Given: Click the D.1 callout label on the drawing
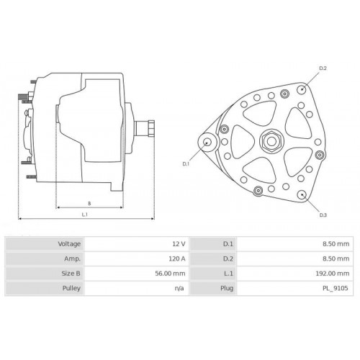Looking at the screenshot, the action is click(186, 164).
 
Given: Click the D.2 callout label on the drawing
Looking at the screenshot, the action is click(323, 68).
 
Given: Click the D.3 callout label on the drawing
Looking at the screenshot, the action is click(323, 215).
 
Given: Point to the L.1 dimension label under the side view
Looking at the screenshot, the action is click(85, 215).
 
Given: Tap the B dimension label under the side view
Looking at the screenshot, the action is click(89, 204).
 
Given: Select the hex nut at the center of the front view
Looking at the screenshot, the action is click(271, 141).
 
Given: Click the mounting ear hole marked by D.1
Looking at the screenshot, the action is click(207, 142).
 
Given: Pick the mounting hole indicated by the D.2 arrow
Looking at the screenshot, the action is click(302, 89).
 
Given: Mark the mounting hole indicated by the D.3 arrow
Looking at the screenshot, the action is click(302, 194).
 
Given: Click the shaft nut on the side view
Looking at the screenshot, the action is click(151, 128).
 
